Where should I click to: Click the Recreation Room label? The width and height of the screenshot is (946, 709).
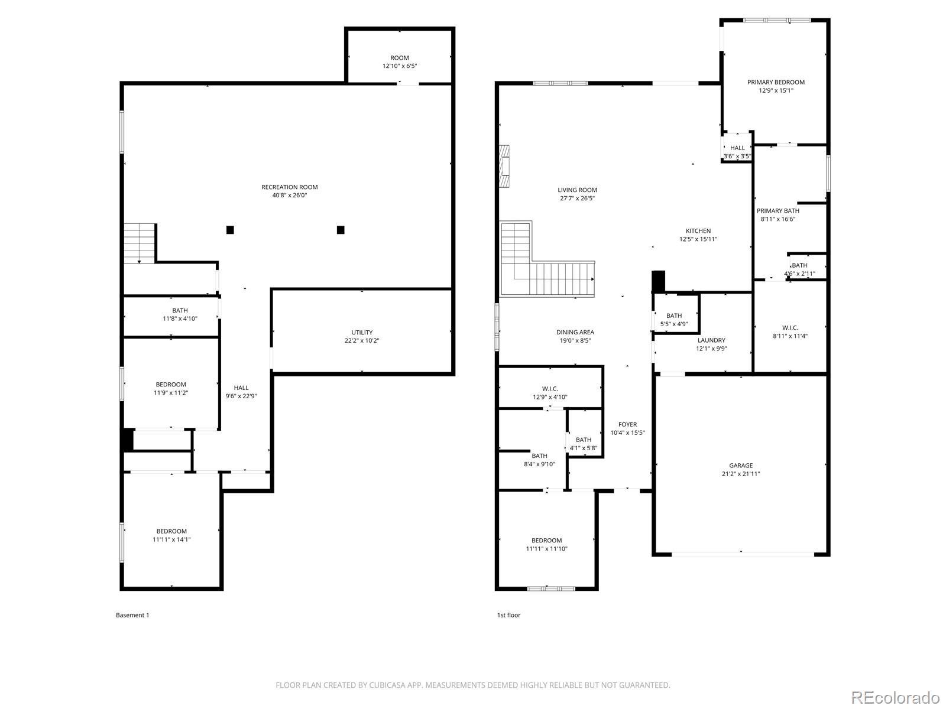[x=289, y=187]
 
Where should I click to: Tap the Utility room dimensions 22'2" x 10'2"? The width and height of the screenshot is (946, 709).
[x=362, y=340]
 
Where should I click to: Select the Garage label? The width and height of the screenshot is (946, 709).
[x=741, y=466]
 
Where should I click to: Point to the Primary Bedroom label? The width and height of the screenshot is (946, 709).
[x=776, y=82]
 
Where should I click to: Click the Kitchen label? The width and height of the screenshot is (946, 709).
[x=698, y=231]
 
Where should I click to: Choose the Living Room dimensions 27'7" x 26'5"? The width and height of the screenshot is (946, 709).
[x=577, y=199]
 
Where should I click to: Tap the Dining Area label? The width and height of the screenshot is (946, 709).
[x=575, y=332]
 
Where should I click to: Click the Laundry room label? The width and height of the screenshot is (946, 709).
[x=711, y=340]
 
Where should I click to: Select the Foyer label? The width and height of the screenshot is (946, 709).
[x=627, y=424]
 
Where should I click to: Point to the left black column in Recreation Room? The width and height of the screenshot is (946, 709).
[x=230, y=230]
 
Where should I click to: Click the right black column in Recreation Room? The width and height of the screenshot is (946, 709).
[x=341, y=230]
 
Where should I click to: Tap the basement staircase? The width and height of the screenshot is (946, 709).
[x=139, y=243]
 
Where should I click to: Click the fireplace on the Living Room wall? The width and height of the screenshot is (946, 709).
[x=504, y=166]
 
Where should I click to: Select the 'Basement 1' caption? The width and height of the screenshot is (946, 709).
[x=132, y=615]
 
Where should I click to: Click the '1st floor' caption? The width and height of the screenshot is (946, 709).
[x=508, y=615]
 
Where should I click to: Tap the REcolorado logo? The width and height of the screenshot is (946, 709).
[x=896, y=697]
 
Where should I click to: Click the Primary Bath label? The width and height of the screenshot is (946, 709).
[x=778, y=211]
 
